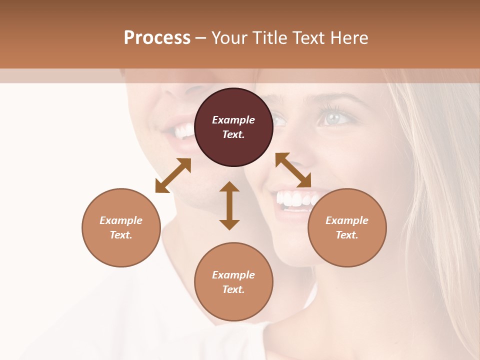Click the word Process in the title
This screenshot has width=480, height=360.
157,38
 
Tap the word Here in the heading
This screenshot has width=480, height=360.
349,38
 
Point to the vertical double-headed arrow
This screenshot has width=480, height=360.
229,205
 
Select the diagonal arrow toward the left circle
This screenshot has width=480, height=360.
173,175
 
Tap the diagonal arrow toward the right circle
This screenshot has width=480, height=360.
293,170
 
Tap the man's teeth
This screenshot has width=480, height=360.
182,132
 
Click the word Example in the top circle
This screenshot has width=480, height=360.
233,120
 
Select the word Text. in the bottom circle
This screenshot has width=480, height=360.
233,289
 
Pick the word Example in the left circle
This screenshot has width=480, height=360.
121,220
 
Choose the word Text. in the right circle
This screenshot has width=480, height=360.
347,235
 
